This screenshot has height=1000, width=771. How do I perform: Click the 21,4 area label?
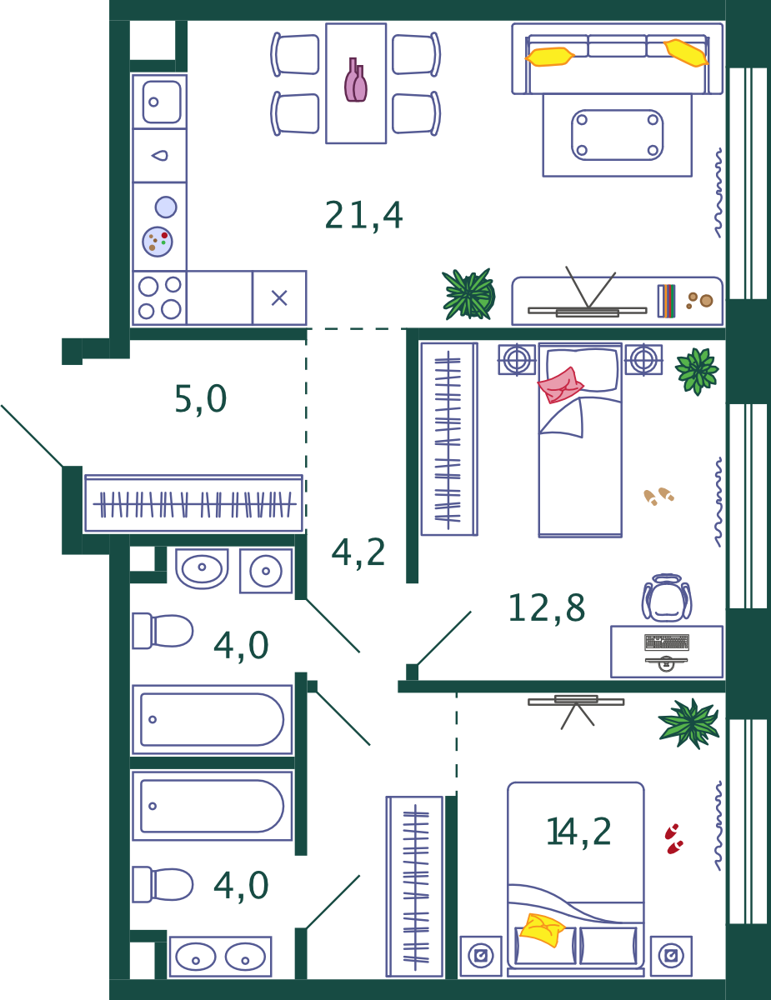point(363,215)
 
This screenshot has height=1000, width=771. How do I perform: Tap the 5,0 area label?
point(201,399)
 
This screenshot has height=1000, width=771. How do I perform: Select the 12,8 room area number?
point(547,607)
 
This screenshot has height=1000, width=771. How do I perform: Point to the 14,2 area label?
point(578,832)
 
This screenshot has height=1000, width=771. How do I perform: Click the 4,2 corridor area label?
point(358,552)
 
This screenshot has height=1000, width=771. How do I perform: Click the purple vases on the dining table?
point(356,80)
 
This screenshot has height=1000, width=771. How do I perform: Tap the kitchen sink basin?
point(161,102)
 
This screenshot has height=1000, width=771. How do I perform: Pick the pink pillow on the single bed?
point(560,385)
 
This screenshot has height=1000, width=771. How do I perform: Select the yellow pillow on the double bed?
point(542,930)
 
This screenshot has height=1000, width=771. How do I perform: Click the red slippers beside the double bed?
point(673,839)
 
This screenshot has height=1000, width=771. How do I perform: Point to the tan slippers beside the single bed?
point(658,496)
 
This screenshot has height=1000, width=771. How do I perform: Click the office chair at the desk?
point(667,597)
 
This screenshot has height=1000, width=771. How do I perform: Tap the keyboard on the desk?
point(667,642)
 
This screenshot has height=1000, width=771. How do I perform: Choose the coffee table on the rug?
point(618,135)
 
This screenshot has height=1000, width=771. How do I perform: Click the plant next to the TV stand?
point(468,294)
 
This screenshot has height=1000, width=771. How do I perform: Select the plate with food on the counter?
point(158,242)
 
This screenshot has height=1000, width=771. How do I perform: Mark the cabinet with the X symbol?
point(279,297)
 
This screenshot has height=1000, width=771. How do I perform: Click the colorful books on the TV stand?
point(667,301)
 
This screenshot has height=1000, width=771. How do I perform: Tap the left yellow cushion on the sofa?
point(549,57)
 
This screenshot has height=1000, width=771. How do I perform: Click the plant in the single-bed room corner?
point(697,372)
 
